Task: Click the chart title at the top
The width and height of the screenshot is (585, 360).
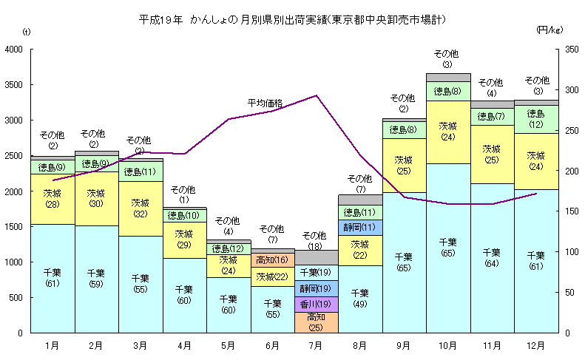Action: point(292,17)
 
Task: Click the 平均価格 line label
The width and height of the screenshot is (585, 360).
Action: point(265,103)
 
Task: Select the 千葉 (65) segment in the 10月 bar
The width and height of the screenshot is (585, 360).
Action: point(448,248)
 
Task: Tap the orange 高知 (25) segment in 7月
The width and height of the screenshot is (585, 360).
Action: point(317,322)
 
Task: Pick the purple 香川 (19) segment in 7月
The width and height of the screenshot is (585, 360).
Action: point(317,304)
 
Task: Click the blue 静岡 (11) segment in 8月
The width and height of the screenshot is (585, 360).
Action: point(360,227)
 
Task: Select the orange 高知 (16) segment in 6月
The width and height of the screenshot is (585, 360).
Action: point(272,260)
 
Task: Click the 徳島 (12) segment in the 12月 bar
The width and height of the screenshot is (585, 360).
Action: point(535,119)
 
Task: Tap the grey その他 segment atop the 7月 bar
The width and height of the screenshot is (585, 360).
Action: point(317,257)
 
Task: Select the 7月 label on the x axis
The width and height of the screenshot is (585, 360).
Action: point(317,344)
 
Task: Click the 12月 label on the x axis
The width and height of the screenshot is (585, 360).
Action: point(535,344)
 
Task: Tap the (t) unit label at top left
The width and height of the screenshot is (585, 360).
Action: point(27,31)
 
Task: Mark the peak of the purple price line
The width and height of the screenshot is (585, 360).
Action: point(317,95)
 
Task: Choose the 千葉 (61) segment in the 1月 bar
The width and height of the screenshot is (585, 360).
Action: point(53,278)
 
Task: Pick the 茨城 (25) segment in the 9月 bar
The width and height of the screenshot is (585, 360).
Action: point(404,165)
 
